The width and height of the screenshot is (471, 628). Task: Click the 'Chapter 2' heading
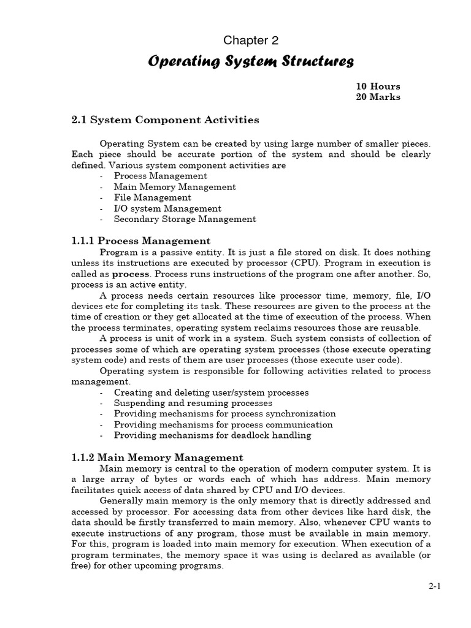point(251,41)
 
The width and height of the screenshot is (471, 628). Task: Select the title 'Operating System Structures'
point(251,61)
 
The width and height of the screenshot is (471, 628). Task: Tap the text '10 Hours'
point(378,86)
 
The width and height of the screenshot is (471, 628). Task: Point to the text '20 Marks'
point(378,98)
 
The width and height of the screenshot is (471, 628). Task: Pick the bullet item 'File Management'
point(152,197)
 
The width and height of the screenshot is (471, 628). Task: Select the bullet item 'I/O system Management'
point(167,209)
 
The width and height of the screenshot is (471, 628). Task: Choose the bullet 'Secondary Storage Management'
point(185,219)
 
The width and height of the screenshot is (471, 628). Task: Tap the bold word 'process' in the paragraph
point(131,274)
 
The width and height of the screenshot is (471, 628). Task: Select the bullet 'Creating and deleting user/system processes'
point(211,392)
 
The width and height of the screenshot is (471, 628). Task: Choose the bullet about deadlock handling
point(212,435)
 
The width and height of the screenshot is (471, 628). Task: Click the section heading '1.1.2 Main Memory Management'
point(157,458)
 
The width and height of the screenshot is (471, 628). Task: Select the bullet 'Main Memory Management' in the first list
point(174,187)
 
